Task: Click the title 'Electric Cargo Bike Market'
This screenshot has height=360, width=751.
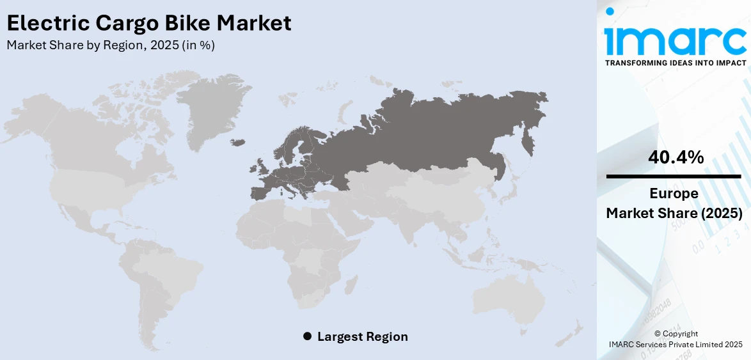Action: pos(149,24)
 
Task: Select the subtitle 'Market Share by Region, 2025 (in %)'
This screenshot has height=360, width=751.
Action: pos(111,45)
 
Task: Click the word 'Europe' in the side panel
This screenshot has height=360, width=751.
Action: pos(674,194)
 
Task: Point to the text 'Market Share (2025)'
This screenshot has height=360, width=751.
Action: pos(674,213)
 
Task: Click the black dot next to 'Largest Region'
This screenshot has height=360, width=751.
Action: pos(307,336)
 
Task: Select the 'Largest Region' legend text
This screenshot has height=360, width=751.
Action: pos(362,336)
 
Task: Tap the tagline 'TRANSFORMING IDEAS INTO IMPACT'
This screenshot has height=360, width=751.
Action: pos(675,63)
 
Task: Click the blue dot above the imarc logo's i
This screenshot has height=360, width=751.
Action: pos(610,12)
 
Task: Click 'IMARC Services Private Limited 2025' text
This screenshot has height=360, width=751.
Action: pos(675,345)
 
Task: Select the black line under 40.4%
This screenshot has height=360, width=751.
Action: pos(674,176)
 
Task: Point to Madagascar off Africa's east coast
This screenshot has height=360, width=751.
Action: pos(350,285)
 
